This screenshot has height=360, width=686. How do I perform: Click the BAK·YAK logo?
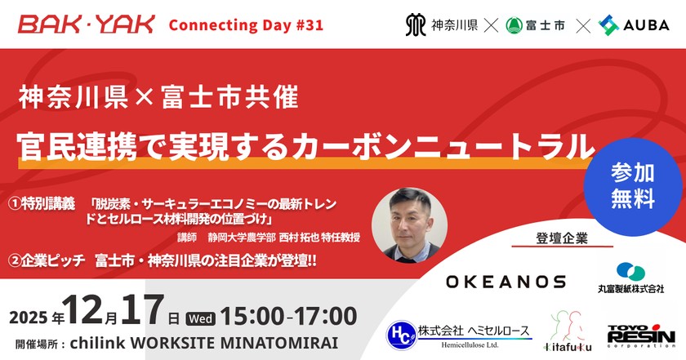pos(87,24)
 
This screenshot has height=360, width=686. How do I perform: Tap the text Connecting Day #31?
pos(246,25)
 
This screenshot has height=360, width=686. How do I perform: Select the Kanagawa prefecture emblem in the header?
pos(416,25)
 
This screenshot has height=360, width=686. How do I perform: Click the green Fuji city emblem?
pos(514,25)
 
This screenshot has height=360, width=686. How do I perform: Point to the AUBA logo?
pos(634,25)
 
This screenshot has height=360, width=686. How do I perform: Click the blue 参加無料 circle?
pos(633,186)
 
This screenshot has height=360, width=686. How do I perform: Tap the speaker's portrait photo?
pos(409,224)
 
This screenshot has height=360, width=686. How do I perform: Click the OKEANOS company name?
pos(506,282)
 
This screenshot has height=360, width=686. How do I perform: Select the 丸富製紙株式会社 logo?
pos(630,278)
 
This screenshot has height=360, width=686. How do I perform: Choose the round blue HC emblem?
pos(402,336)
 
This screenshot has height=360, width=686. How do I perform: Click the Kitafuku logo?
pos(568,331)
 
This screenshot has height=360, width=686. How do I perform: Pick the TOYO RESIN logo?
pos(641,336)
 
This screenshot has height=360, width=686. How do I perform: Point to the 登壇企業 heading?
pos(562,238)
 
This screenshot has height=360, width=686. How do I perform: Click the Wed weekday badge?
pos(201,319)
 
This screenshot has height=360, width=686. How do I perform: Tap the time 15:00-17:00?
pos(289,316)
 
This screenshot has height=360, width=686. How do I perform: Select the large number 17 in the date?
pos(143,309)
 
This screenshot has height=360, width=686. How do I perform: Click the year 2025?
pos(29,318)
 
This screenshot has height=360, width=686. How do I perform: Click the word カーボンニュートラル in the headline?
pos(444,146)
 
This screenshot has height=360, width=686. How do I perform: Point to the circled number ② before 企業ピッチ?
pos(15,260)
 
